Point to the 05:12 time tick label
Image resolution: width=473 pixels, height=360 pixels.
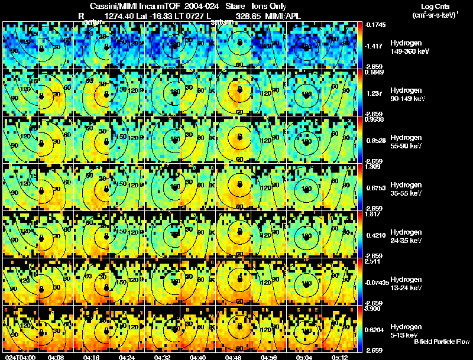339,356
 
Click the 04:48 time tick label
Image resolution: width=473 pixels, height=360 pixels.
233,356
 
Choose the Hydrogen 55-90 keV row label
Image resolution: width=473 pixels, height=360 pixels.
407,141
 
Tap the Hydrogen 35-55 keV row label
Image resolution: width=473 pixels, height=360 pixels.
407,189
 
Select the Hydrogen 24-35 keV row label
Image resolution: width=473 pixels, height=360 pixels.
407,236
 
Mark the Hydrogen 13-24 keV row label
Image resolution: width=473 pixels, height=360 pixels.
407,283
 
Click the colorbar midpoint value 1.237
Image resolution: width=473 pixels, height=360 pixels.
374,93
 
